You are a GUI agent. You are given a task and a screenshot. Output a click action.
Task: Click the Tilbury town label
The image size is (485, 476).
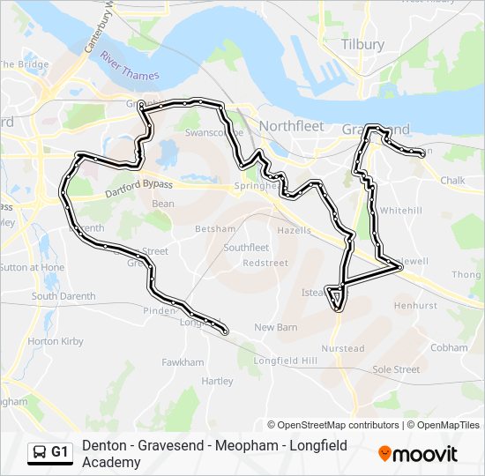pyautogui.click(x=362, y=44)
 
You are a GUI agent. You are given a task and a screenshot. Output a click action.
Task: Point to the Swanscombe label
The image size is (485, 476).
pyautogui.click(x=208, y=132)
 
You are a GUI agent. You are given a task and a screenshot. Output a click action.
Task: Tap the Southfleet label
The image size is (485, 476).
pyautogui.click(x=246, y=248)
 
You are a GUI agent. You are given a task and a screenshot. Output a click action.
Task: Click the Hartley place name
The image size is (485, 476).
pyautogui.click(x=218, y=382)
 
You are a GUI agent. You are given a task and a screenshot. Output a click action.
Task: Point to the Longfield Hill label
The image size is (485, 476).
pyautogui.click(x=285, y=361)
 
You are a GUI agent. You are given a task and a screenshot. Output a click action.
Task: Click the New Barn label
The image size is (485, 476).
pyautogui.click(x=275, y=328)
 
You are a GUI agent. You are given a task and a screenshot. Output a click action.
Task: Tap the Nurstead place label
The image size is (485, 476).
pyautogui.click(x=343, y=348)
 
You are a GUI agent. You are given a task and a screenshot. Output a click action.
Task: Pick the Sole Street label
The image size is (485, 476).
pyautogui.click(x=395, y=369)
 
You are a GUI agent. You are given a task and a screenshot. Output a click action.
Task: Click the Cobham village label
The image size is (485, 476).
pyautogui.click(x=449, y=347)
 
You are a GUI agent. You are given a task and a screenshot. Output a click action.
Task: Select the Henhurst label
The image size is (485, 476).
pyautogui.click(x=415, y=306)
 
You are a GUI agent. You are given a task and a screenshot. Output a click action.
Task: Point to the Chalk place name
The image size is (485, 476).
pyautogui.click(x=452, y=181)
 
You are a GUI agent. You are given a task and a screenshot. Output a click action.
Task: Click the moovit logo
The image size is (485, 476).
pyautogui.click(x=418, y=454)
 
